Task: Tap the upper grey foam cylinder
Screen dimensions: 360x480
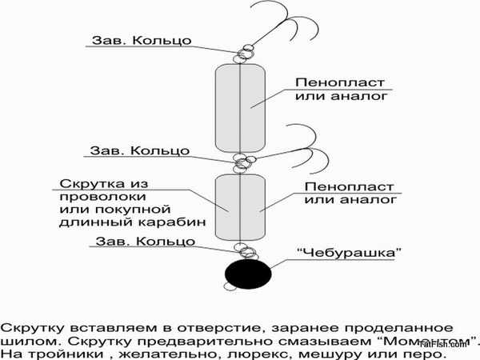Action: (241, 108)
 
